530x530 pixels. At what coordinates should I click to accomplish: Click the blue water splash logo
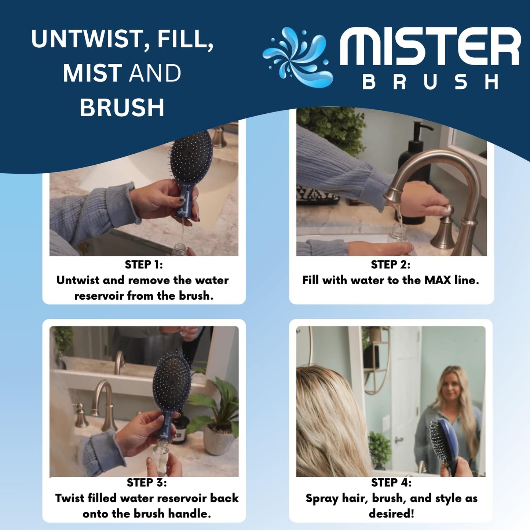coord(298,57)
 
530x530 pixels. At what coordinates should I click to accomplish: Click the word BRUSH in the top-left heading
coord(122,108)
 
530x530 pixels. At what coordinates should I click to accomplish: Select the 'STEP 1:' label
coord(144,264)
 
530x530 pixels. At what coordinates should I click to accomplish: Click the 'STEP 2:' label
coord(390,264)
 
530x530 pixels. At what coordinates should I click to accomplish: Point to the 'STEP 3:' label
coord(147,482)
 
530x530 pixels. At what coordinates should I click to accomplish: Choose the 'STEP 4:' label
coord(391,482)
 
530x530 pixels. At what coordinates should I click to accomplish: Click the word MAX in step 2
coord(438,280)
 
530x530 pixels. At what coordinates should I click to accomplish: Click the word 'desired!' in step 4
coord(391,513)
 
